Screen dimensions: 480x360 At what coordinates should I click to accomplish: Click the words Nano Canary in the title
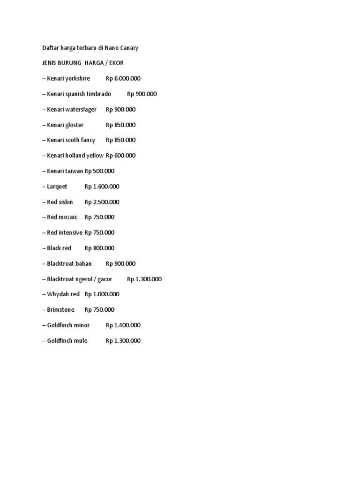pos(122,48)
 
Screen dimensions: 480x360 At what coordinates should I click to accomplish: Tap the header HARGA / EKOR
pos(104,63)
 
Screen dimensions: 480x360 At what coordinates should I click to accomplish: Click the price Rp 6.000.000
pos(123,78)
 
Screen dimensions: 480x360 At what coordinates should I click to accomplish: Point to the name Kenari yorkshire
pos(68,78)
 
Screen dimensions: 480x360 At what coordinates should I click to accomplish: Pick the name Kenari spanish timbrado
pos(79,94)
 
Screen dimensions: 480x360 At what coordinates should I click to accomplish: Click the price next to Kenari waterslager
pos(121,109)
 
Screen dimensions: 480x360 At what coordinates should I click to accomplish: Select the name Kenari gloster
pos(65,125)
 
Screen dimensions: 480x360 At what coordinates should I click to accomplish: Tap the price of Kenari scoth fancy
pos(121,140)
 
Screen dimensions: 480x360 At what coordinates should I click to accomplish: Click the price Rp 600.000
pos(121,155)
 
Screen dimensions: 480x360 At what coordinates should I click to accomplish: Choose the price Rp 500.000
pos(99,171)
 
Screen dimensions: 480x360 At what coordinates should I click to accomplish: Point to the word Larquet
pos(57,186)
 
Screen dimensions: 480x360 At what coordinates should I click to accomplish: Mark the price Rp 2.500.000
pos(102,202)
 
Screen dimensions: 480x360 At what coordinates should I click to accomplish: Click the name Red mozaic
pos(62,217)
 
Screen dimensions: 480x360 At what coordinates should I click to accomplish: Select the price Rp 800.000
pos(99,248)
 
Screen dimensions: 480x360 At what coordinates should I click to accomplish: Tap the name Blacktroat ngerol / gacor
pos(80,279)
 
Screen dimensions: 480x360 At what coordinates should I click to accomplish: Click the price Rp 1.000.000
pos(102,294)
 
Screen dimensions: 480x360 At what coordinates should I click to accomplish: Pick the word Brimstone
pos(60,309)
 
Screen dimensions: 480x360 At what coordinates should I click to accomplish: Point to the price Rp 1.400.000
pos(123,325)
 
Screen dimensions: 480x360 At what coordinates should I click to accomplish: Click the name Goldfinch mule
pos(67,340)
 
